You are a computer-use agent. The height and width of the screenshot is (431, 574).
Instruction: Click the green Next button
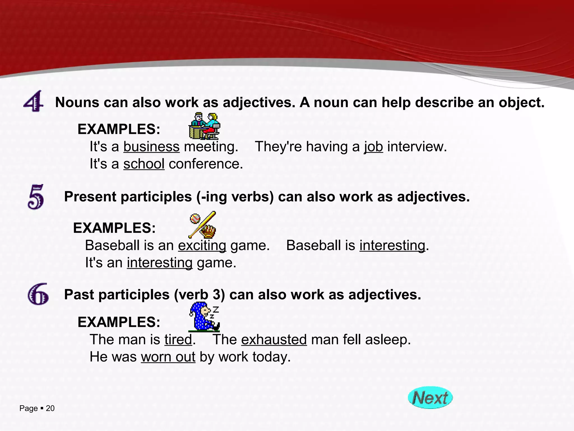[430, 397]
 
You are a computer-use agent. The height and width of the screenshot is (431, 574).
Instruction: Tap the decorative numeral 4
[33, 101]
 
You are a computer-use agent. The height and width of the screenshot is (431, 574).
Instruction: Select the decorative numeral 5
[36, 197]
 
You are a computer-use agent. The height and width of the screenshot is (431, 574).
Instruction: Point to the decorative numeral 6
[38, 294]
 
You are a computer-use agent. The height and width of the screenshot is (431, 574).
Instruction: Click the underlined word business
[151, 147]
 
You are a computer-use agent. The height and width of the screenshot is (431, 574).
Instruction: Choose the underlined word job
[373, 147]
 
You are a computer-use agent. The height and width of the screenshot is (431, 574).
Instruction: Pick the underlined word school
[144, 164]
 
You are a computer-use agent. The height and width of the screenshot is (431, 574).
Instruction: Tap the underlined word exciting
[202, 246]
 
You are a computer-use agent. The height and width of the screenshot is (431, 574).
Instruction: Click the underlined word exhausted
[274, 340]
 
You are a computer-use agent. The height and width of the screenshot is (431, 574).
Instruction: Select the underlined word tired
[178, 340]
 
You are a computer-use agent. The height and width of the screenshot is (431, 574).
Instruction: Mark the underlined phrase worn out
[168, 357]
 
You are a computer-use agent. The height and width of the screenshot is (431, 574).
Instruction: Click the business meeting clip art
[205, 126]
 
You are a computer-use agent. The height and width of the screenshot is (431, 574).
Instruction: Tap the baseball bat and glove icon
[203, 224]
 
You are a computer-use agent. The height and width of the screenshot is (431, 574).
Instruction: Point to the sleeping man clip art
[204, 317]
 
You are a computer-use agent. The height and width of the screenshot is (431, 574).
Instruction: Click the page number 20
[50, 408]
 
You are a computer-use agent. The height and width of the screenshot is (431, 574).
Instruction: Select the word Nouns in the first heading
[77, 102]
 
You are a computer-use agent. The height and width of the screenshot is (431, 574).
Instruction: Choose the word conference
[205, 164]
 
